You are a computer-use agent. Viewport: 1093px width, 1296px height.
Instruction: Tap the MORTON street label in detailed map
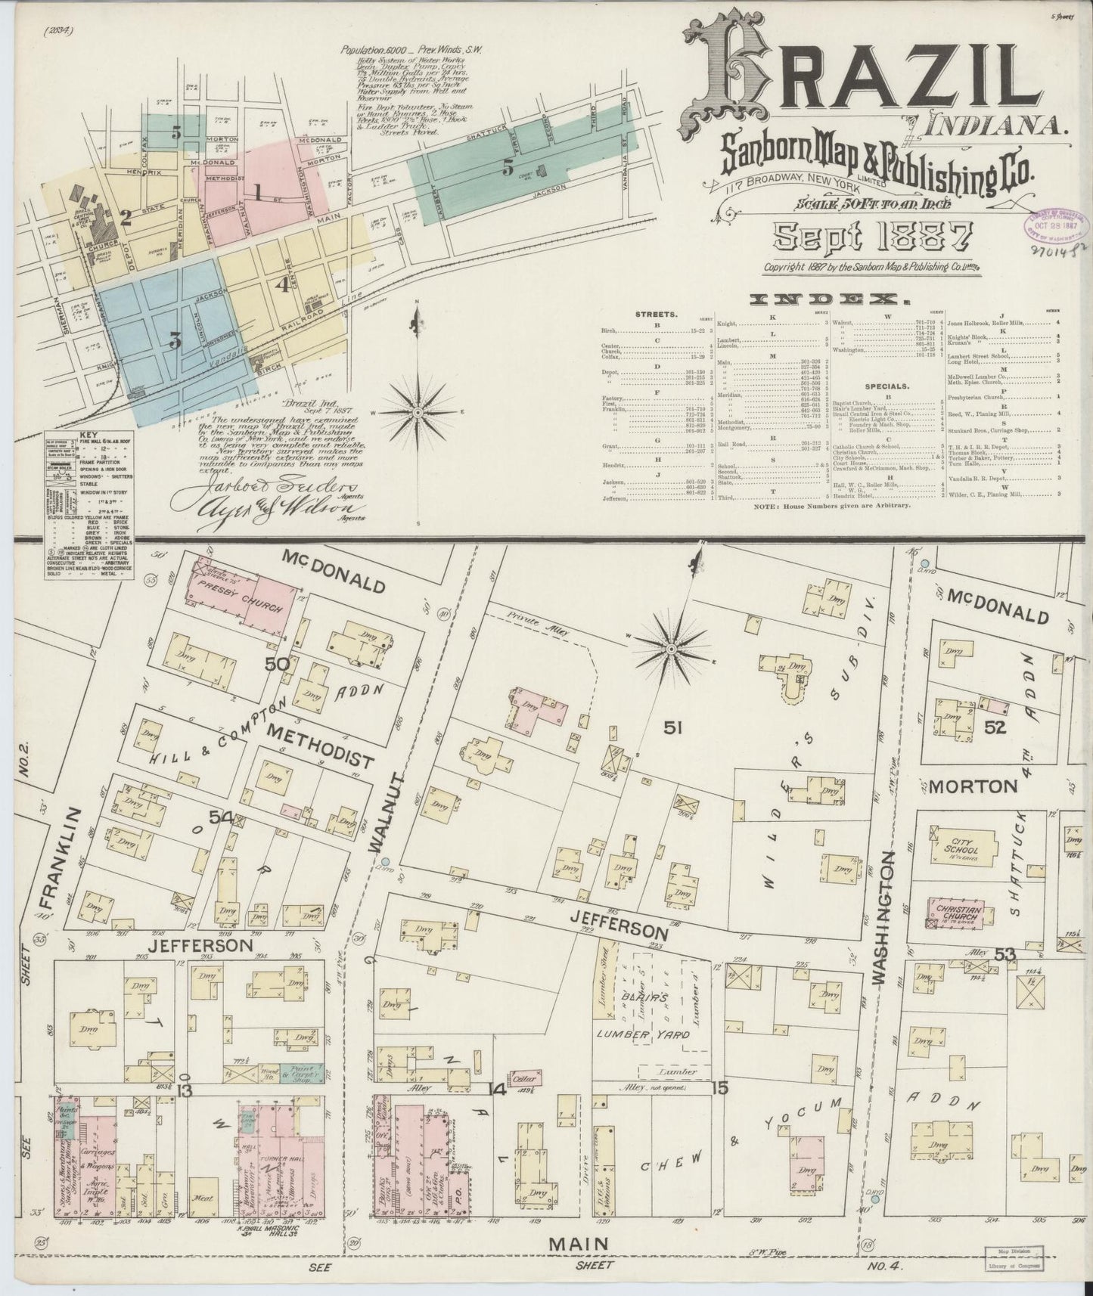(972, 786)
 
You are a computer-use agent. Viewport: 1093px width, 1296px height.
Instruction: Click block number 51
(674, 727)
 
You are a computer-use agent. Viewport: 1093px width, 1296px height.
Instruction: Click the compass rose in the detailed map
(671, 649)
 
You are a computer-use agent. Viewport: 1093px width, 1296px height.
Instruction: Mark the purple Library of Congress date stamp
(1054, 222)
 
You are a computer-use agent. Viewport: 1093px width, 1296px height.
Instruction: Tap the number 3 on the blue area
(175, 340)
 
